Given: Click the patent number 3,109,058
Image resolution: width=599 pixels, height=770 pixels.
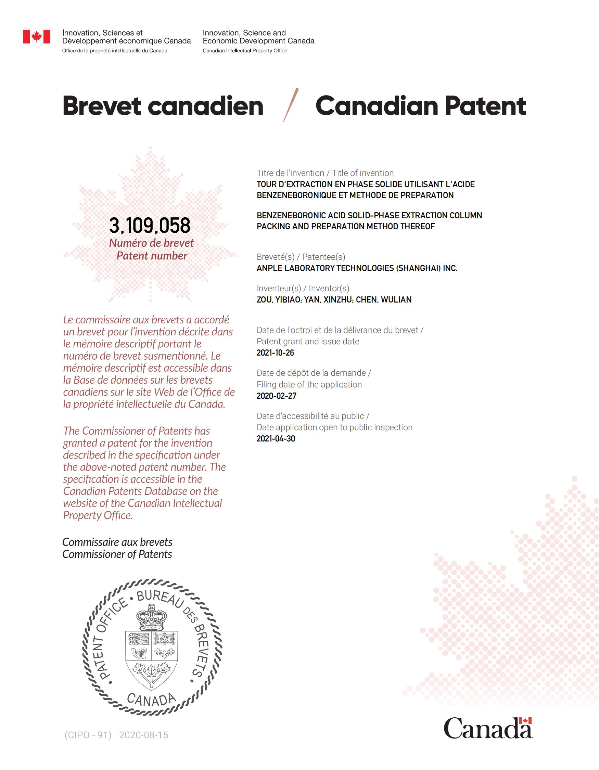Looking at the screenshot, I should pos(150,226).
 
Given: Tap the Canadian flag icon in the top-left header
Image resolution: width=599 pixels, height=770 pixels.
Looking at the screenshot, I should pos(37,37).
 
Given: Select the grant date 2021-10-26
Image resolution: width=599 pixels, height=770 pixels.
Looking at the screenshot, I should pos(275,353).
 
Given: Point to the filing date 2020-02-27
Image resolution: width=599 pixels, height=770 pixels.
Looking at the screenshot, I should pos(277,396).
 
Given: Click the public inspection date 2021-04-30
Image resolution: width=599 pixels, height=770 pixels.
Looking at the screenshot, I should pos(276,439).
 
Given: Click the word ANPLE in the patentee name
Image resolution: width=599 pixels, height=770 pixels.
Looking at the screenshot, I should pos(269,268).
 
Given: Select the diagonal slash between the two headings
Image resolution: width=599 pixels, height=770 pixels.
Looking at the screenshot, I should pos(291,105).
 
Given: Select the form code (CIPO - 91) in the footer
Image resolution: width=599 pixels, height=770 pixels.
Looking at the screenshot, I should pos(88,735).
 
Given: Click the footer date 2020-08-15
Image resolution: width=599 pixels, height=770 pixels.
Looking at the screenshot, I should pos(144,735).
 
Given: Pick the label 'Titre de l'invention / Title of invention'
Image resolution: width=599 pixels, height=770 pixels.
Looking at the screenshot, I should pos(325,173).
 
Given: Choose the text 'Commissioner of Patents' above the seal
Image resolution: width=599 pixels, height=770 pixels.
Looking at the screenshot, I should pos(117,554).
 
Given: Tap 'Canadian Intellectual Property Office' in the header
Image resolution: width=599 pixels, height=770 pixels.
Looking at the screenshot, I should pos(245,51).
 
